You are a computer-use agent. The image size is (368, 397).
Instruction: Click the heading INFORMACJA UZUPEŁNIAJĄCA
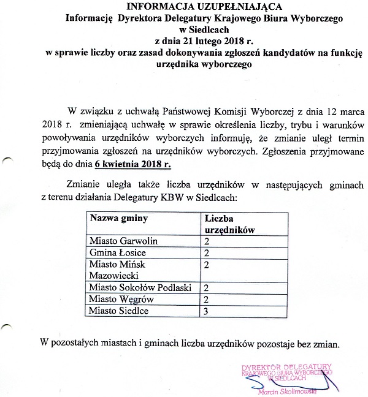[183, 7]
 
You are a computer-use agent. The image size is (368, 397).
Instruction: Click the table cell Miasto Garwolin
[120, 240]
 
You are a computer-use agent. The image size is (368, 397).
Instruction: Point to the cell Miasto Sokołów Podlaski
[140, 287]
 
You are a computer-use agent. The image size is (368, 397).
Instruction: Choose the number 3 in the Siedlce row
[207, 311]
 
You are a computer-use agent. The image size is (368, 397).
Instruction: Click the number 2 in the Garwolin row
[207, 240]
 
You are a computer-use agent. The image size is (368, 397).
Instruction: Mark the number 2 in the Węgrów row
[207, 299]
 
